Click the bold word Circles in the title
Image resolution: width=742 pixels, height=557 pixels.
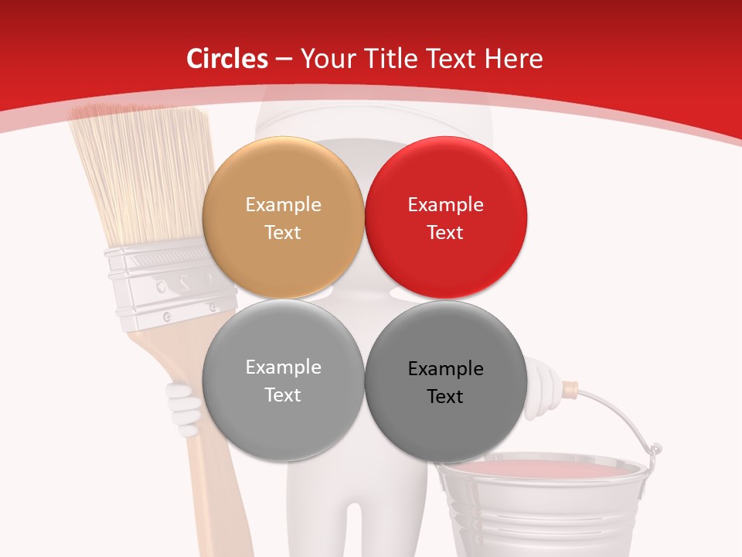pos(227,59)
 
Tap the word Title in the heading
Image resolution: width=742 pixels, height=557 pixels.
pos(389,59)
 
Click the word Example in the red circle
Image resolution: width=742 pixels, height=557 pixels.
pos(445,205)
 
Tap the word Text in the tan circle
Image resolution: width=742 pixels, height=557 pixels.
pos(283,232)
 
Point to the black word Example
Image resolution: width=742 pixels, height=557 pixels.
pos(445,369)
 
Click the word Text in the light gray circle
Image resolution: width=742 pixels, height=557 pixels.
pos(283,395)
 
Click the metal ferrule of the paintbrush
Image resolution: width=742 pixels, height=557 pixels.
pos(162,286)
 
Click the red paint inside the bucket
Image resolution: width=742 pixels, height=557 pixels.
pos(541,468)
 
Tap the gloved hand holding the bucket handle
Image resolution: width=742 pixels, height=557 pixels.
pos(541,387)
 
